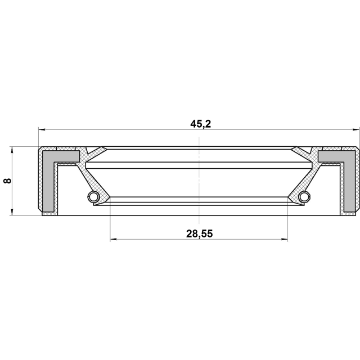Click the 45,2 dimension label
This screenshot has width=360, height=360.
[x=200, y=124]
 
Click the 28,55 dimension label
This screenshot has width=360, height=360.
[x=199, y=234]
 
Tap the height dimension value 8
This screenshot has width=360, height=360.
[x=7, y=181]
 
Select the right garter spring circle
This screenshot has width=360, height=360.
[x=304, y=196]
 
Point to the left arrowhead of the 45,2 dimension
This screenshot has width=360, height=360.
[x=42, y=130]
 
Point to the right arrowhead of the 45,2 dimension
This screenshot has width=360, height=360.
[x=355, y=130]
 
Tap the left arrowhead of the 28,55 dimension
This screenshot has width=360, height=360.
[x=114, y=240]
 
